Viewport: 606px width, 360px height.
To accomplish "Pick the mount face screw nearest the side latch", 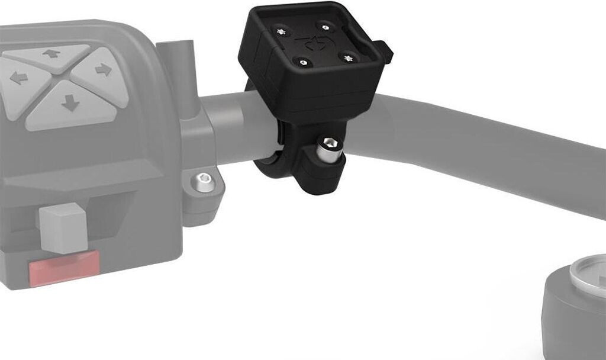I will pos(348,57).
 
